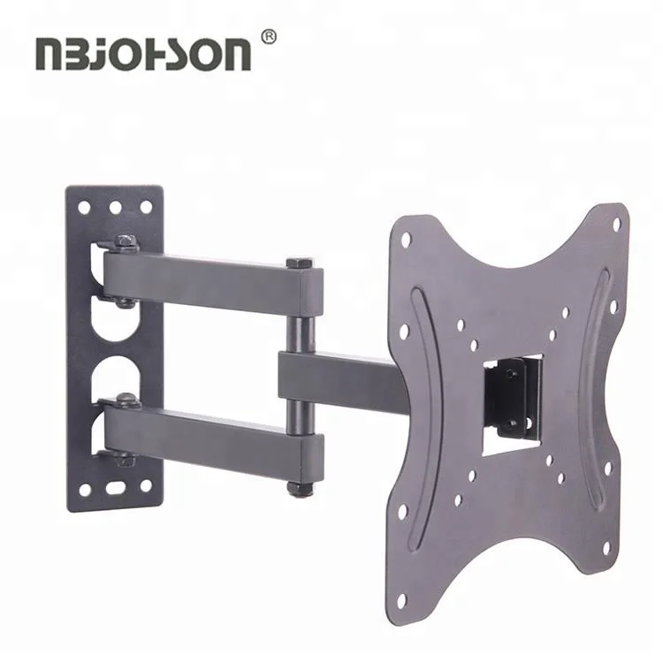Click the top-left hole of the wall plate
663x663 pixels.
tap(85, 209)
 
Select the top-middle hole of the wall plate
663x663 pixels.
tap(115, 208)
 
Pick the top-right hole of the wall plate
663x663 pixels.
tap(146, 208)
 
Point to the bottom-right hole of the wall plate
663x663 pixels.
tap(146, 485)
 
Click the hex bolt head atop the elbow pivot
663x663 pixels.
tap(300, 263)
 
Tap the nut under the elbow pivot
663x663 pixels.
tap(300, 487)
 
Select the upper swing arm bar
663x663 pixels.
tap(212, 278)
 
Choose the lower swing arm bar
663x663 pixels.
tap(212, 433)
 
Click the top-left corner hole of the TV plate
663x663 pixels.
tap(406, 239)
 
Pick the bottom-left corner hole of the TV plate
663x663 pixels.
tap(403, 599)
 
